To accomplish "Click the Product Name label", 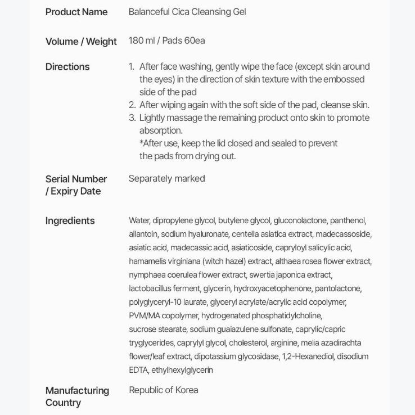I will pos(76,12).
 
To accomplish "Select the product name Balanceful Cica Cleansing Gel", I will pos(187,12).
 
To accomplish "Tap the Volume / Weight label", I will pos(81,41).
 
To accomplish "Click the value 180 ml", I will pos(141,40).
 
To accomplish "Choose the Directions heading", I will pos(67,66).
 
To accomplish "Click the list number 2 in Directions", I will pos(132,105).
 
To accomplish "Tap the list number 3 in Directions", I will pos(132,118).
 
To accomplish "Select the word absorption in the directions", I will pos(161,130).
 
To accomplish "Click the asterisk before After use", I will pos(141,143).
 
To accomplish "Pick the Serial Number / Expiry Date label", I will pos(76,185).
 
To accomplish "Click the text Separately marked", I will pos(166,178).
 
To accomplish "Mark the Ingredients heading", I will pos(70,220).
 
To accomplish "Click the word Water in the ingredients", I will pos(139,220).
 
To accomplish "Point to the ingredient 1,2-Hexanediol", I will pos(308,356).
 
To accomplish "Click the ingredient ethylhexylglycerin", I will pos(182,370).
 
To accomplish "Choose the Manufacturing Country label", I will pos(77,396).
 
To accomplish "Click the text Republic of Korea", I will pos(163,390).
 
